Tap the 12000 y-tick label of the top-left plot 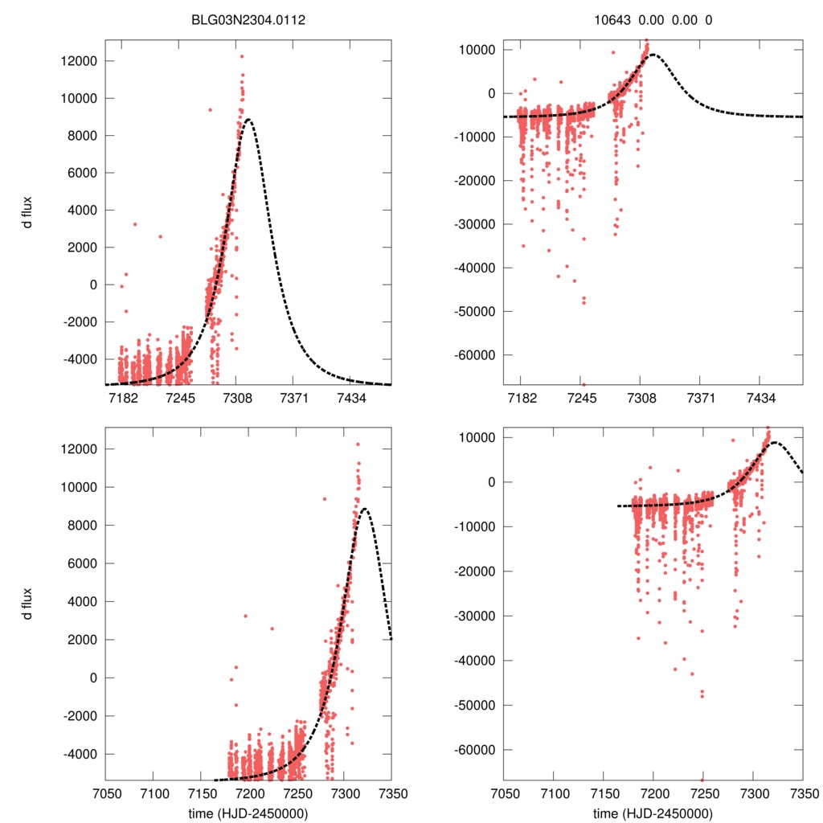78,61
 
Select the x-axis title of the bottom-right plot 653,813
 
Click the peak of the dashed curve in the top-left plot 248,120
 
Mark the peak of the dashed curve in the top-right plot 652,55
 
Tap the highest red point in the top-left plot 241,56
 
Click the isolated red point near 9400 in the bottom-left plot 325,499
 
